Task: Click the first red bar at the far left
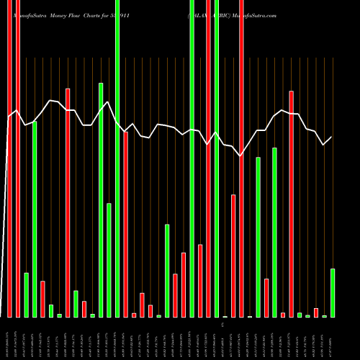coord(9,158)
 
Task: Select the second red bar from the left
coord(17,158)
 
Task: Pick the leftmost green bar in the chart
coord(26,294)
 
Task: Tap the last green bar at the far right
coord(333,292)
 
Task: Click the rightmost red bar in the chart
coord(316,312)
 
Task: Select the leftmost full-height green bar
coord(117,158)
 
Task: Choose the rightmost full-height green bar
coord(217,158)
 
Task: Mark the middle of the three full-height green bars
coord(192,158)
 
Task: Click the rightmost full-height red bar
coord(241,158)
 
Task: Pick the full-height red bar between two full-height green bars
coord(208,158)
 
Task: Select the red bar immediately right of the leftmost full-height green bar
coord(125,224)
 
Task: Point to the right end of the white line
coord(332,138)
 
